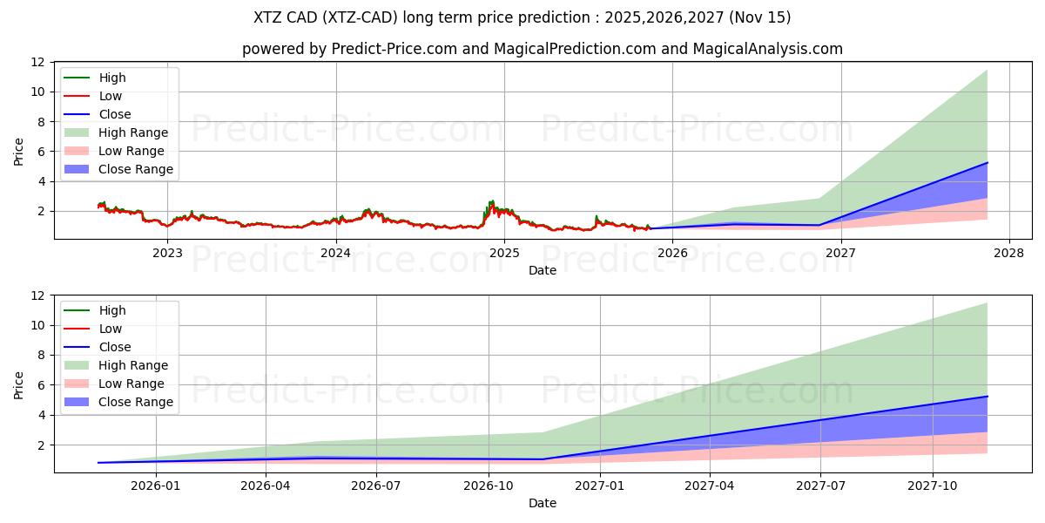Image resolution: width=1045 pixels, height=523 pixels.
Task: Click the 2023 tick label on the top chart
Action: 167,253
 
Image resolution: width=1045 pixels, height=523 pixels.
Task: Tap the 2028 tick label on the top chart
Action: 1009,253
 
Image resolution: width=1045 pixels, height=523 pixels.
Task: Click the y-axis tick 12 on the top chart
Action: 37,62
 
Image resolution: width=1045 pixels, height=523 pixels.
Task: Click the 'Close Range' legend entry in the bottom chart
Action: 135,402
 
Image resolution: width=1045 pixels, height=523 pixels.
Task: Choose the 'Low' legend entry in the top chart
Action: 111,96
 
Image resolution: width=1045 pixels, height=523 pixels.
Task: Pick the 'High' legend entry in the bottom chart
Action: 112,310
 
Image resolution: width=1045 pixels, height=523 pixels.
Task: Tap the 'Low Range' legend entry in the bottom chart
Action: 131,384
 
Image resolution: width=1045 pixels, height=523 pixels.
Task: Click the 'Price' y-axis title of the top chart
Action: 19,151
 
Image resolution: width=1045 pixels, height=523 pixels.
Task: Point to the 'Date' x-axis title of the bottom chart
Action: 543,503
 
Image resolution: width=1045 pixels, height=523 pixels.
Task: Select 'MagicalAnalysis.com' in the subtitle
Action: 767,49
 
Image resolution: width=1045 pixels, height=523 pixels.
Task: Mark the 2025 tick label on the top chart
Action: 504,253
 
